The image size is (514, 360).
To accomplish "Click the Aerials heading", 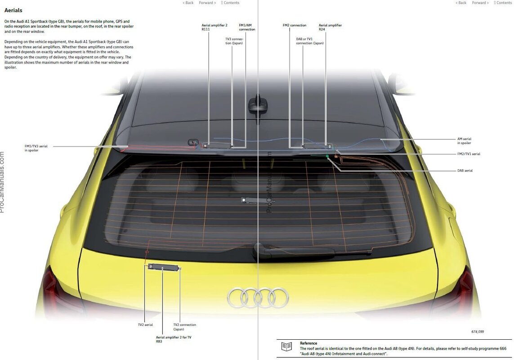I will pyautogui.click(x=13, y=10).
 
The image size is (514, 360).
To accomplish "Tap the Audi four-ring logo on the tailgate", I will pyautogui.click(x=258, y=297).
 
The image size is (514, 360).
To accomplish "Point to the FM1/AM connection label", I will pyautogui.click(x=247, y=27).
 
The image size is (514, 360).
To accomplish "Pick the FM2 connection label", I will pyautogui.click(x=294, y=25).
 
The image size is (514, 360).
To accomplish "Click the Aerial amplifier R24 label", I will pyautogui.click(x=330, y=27).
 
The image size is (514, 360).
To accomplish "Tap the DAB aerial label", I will pyautogui.click(x=465, y=171).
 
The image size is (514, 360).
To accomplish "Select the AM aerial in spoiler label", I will pyautogui.click(x=464, y=141).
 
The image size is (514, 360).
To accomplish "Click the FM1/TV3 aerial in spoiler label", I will pyautogui.click(x=36, y=148).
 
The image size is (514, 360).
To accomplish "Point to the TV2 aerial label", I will pyautogui.click(x=145, y=324).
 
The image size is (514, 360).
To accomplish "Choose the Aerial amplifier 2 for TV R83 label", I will pyautogui.click(x=173, y=339).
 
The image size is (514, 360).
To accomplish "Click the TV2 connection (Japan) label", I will pyautogui.click(x=184, y=327).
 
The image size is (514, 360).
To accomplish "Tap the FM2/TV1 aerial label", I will pyautogui.click(x=468, y=154).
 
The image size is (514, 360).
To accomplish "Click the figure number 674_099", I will pyautogui.click(x=478, y=332).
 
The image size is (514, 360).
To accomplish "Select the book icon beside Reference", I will pyautogui.click(x=286, y=346).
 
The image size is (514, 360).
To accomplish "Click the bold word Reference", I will pyautogui.click(x=308, y=343).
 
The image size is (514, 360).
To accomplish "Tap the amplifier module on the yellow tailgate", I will pyautogui.click(x=163, y=267).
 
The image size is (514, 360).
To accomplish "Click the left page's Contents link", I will pyautogui.click(x=230, y=3).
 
